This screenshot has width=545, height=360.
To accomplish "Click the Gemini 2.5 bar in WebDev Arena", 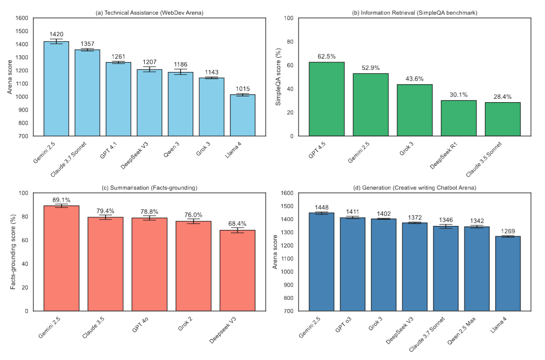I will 56,89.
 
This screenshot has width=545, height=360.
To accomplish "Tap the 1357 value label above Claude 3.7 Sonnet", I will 87,43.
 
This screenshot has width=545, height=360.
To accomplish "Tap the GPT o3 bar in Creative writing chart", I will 353,264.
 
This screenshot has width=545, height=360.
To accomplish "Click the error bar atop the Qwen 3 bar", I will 181,72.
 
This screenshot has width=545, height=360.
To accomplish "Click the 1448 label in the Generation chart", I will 321,207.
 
